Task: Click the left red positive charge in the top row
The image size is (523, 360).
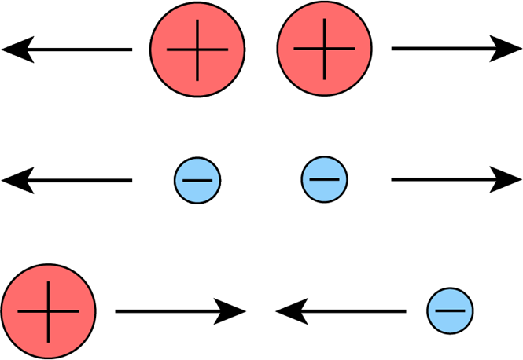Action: coord(197,49)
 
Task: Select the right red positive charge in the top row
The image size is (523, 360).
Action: coord(324,49)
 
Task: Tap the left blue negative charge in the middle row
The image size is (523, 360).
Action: coord(197,180)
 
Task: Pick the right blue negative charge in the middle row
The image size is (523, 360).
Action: coord(324,180)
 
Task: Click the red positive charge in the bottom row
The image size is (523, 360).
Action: coord(48,311)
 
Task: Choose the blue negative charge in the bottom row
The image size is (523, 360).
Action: coord(450,311)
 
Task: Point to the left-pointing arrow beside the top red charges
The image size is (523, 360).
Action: coord(67,50)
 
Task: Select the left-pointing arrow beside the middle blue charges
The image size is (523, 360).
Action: coord(67,181)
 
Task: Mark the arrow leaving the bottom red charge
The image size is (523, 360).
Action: coord(181,311)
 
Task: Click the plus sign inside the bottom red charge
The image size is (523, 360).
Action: coord(48,311)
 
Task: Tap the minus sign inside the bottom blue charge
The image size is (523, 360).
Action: coord(450,311)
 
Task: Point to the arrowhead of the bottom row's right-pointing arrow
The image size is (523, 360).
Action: coord(233,311)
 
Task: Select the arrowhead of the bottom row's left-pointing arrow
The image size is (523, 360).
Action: coord(289,312)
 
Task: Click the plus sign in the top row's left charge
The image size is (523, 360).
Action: coord(197,49)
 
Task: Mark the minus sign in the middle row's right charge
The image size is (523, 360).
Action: coord(324,180)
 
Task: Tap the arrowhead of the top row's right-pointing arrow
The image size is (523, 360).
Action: coord(507,49)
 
